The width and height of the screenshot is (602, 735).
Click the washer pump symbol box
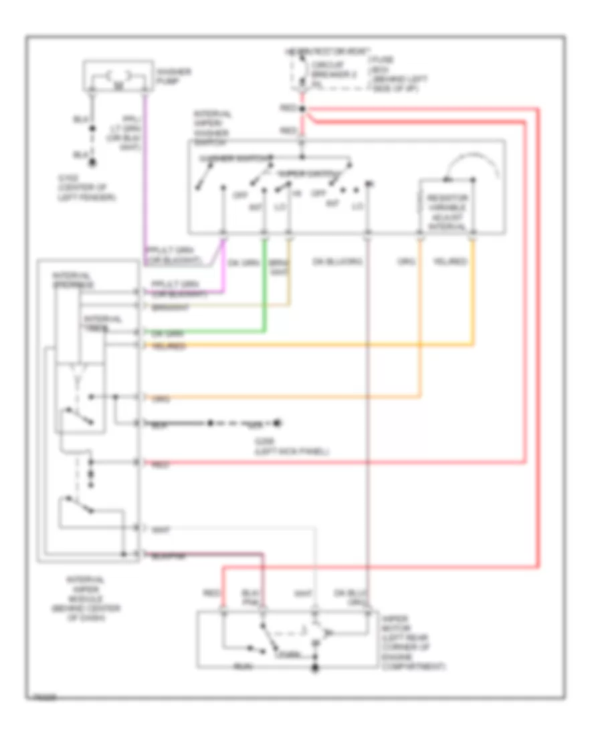click(116, 76)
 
